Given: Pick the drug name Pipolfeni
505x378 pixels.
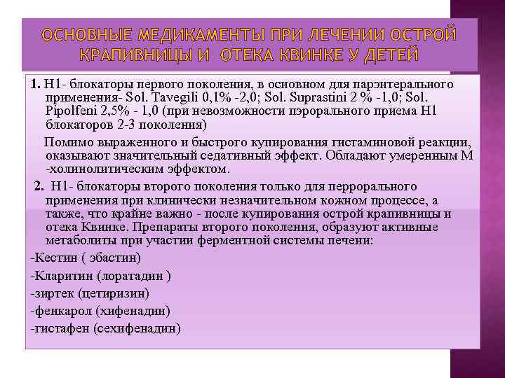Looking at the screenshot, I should (69, 111).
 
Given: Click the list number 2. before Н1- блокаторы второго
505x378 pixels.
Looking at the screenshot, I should (39, 186).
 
